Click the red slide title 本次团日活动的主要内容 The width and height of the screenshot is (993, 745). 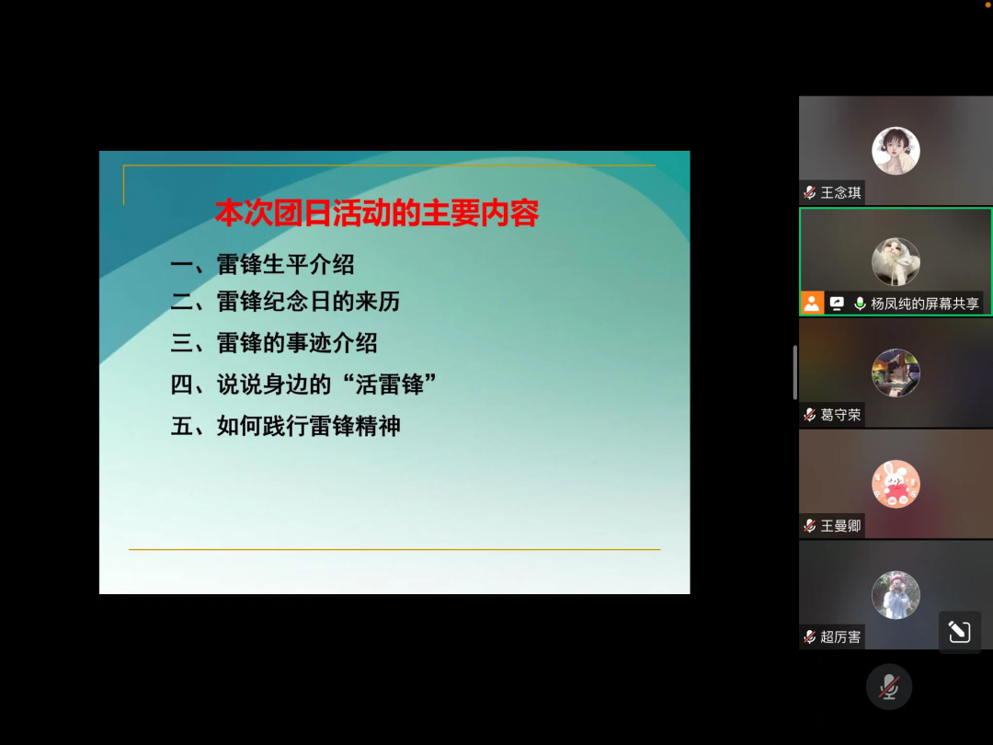point(377,212)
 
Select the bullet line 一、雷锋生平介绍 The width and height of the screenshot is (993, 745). point(262,264)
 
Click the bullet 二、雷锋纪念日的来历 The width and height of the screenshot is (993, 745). point(285,302)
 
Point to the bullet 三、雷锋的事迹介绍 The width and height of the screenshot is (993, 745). point(274,343)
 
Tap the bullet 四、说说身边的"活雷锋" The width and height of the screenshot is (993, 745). point(303,384)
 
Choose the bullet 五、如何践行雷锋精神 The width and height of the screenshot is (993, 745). point(285,426)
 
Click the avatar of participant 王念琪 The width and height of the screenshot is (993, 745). point(896,151)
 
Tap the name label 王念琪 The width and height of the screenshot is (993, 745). point(840,192)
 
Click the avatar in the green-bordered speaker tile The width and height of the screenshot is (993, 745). point(896,261)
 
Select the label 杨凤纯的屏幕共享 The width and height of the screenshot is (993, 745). point(925,304)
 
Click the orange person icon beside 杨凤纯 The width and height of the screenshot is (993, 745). point(812,304)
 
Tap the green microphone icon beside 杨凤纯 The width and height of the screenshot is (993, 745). point(860,304)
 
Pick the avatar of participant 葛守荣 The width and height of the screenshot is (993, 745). point(896,373)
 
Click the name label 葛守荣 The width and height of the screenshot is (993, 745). point(840,415)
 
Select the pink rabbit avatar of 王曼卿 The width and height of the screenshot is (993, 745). point(896,484)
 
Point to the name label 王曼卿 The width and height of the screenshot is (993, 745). point(840,526)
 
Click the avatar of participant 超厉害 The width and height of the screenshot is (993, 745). point(896,595)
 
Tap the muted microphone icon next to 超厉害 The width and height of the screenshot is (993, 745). point(809,636)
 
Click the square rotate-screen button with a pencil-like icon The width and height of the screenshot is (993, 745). point(959,632)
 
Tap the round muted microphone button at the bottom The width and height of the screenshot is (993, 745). point(888,687)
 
